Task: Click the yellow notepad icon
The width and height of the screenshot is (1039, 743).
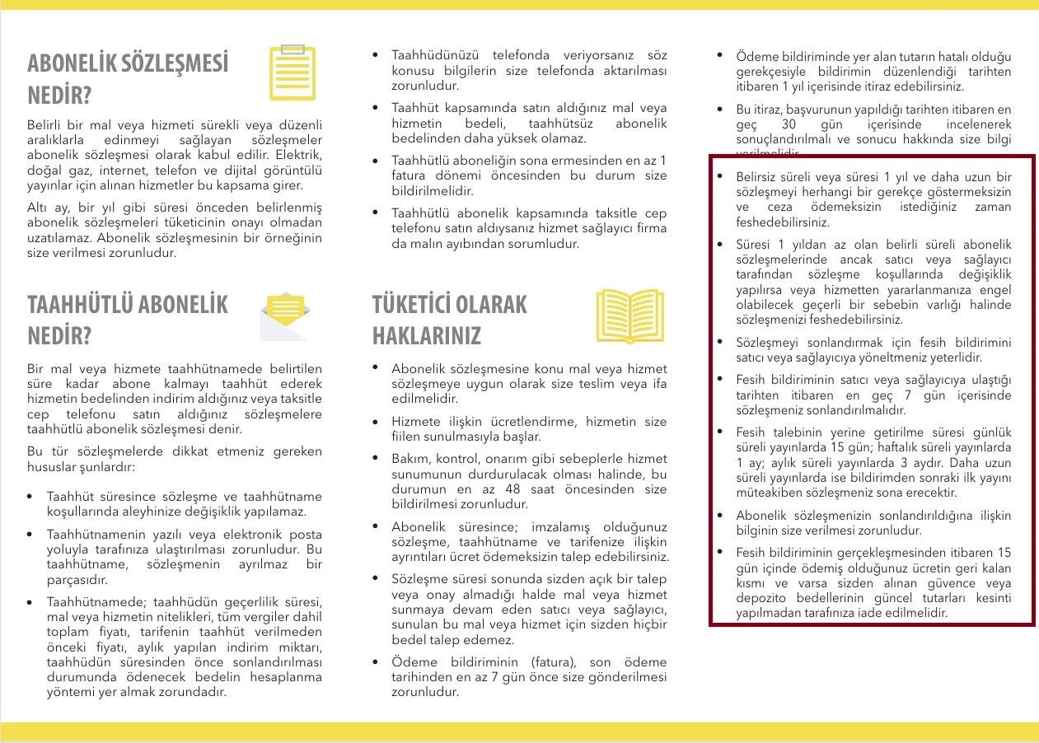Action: (x=293, y=73)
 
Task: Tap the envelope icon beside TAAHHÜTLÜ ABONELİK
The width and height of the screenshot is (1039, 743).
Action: (x=286, y=316)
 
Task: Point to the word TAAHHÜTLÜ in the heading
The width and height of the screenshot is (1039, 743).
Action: (x=81, y=305)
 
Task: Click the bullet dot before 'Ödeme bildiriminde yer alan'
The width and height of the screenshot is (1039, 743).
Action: (x=721, y=56)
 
